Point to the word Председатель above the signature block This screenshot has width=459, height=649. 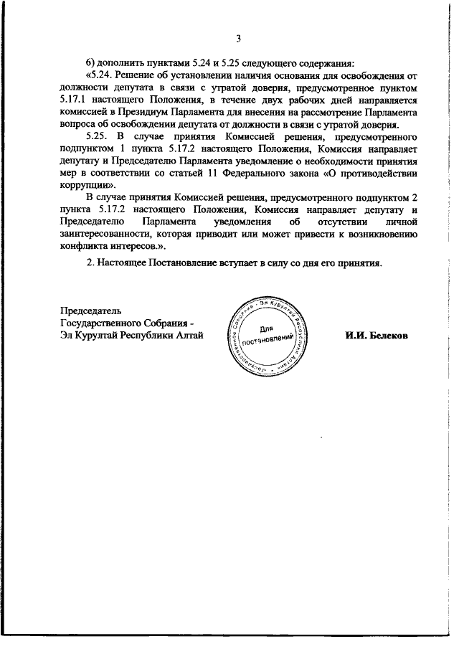point(90,311)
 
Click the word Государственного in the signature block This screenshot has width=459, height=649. point(101,323)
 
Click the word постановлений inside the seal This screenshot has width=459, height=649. point(268,340)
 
